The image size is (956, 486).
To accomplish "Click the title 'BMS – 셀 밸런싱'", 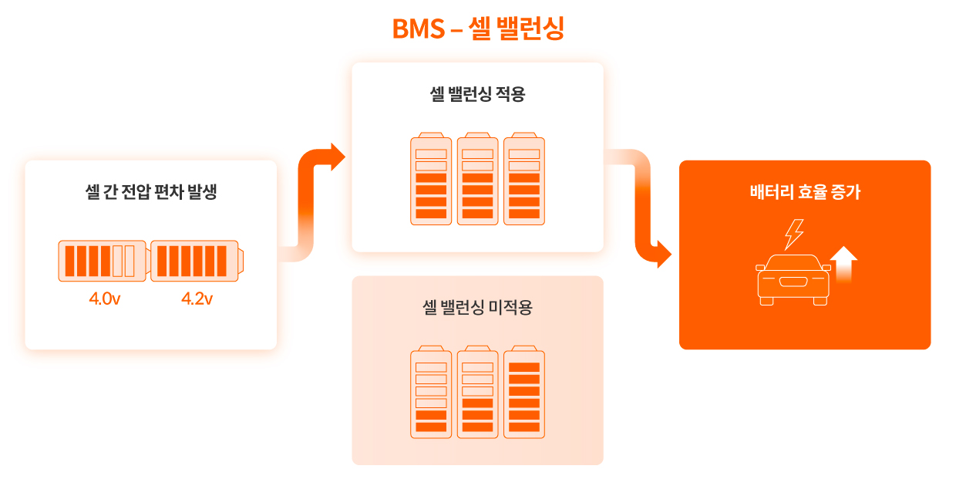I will (x=478, y=29).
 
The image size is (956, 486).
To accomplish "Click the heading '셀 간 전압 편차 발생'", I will (x=151, y=192).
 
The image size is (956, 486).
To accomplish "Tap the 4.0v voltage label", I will (x=105, y=299).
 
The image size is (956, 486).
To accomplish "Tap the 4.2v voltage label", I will (x=197, y=299).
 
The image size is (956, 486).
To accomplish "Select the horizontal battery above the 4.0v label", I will (x=102, y=261).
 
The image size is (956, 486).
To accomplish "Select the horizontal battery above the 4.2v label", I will (x=197, y=261).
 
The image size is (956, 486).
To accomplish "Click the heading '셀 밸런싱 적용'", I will (x=477, y=95).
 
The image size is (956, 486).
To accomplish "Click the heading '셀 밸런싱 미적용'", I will (x=477, y=309).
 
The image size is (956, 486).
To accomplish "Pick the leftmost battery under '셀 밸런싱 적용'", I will (x=431, y=179).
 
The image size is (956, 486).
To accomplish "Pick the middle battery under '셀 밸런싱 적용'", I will (x=477, y=179).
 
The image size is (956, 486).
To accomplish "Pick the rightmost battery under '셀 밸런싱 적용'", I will (x=524, y=179).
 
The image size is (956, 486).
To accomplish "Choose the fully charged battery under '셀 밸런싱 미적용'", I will (x=524, y=393).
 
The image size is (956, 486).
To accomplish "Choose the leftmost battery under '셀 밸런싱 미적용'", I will (x=431, y=393).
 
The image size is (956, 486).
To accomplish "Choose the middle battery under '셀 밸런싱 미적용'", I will (x=477, y=393).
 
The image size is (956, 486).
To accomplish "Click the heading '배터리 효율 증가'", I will (x=805, y=192).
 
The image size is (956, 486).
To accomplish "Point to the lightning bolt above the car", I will (x=793, y=235).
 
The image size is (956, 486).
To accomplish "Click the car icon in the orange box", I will (x=793, y=279).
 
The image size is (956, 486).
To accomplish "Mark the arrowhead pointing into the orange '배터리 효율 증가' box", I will (x=663, y=254).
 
